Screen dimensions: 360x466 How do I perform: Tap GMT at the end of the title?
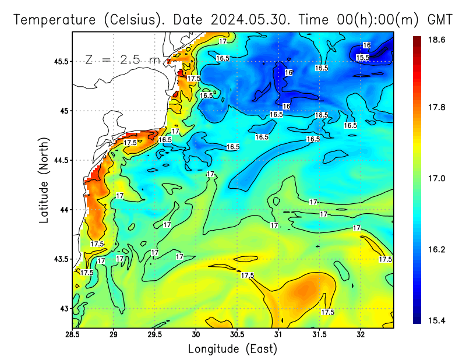tap(440, 19)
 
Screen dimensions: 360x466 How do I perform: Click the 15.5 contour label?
tap(362, 57)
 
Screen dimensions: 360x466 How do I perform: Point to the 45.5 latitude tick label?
tap(60, 61)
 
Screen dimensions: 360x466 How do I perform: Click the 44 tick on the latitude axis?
tap(63, 210)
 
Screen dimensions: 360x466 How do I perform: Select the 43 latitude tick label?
tap(63, 308)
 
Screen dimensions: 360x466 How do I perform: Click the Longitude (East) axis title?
tap(232, 349)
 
